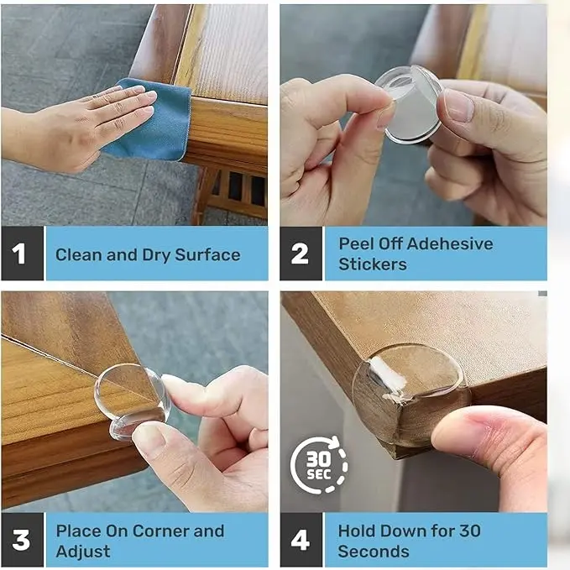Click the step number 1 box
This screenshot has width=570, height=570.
pyautogui.click(x=22, y=254)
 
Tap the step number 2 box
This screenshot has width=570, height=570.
pyautogui.click(x=301, y=254)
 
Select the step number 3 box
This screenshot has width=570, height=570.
pyautogui.click(x=22, y=540)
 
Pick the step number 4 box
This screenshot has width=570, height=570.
pyautogui.click(x=301, y=540)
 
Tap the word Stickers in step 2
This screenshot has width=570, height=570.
pyautogui.click(x=373, y=264)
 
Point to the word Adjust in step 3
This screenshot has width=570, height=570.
pyautogui.click(x=83, y=552)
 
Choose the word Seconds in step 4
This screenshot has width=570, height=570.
pyautogui.click(x=374, y=552)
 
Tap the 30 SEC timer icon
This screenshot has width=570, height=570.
pyautogui.click(x=319, y=465)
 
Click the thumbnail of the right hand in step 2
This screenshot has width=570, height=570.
pyautogui.click(x=458, y=106)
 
